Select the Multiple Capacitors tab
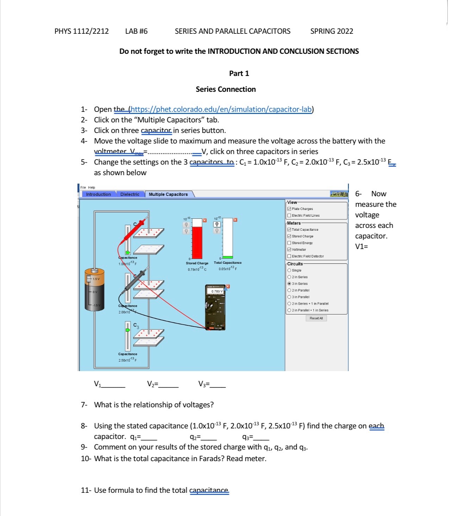[168, 194]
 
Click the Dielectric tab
[130, 194]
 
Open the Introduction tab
[98, 194]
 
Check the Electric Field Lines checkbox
[289, 216]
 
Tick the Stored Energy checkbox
[289, 243]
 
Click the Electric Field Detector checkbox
[289, 256]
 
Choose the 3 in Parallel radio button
[289, 297]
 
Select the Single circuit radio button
[289, 270]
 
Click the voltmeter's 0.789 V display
[217, 291]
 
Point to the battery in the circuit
[94, 289]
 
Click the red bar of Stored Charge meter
[197, 242]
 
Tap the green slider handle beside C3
[128, 330]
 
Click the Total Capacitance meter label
[227, 263]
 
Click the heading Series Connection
[226, 89]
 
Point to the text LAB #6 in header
[136, 31]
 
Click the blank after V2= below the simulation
[168, 384]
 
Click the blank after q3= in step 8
[261, 437]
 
